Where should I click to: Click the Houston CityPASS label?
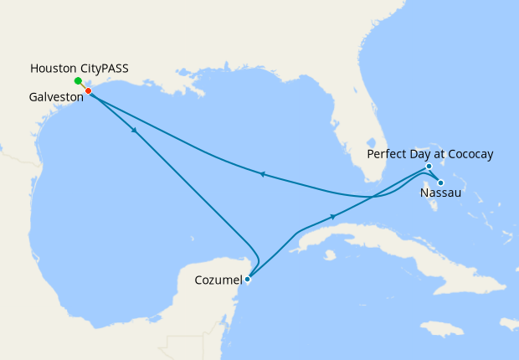point(79,67)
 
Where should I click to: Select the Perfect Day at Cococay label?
point(430,154)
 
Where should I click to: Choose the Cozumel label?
point(218,280)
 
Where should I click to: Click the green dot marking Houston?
point(78,81)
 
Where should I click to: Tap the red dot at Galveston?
point(88,91)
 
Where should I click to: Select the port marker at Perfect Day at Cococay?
point(428,167)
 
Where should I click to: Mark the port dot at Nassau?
point(440,183)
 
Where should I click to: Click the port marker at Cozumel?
point(247,280)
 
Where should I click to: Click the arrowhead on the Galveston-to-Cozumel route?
point(134,131)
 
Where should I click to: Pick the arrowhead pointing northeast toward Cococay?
point(334,217)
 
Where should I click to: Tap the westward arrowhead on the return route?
point(262,174)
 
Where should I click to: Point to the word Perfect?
point(388,154)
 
